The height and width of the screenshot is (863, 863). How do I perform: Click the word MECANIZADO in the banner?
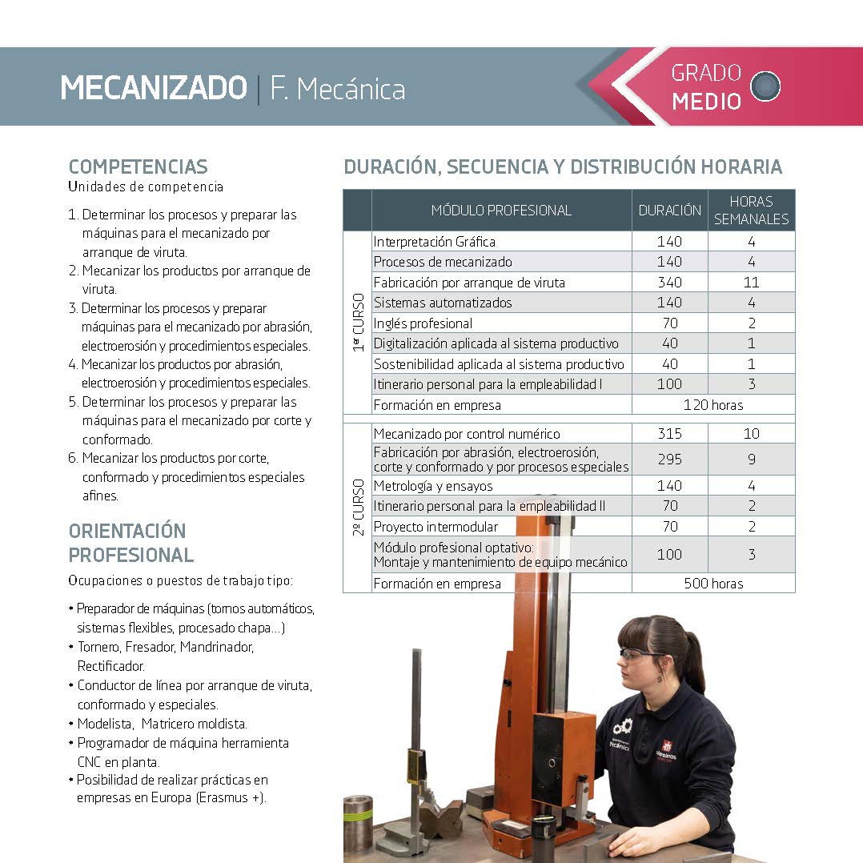click(x=154, y=88)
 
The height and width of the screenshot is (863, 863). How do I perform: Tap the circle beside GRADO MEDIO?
click(x=766, y=86)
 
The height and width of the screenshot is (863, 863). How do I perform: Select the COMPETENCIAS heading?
click(x=138, y=167)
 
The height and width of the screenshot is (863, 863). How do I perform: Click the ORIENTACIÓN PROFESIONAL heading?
click(x=130, y=543)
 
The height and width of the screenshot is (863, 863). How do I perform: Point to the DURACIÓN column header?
click(x=669, y=211)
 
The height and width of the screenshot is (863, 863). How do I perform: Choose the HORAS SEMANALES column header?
click(x=751, y=211)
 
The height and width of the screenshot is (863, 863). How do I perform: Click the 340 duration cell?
click(x=669, y=282)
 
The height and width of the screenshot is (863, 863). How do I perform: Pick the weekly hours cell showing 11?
click(x=751, y=282)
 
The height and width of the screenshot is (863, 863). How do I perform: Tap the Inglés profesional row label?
click(x=423, y=323)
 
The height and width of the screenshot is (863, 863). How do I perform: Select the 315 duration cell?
click(x=669, y=434)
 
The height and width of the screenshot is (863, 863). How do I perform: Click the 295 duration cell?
click(x=669, y=460)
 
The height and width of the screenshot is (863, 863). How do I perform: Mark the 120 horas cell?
click(x=712, y=405)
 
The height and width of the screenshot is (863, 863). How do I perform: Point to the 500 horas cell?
click(x=712, y=584)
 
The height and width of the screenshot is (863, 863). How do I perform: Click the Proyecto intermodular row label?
click(x=436, y=527)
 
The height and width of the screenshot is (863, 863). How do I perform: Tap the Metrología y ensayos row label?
click(x=433, y=486)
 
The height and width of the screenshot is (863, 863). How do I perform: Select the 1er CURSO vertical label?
click(x=357, y=323)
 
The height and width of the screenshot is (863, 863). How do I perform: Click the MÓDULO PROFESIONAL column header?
click(x=501, y=211)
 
